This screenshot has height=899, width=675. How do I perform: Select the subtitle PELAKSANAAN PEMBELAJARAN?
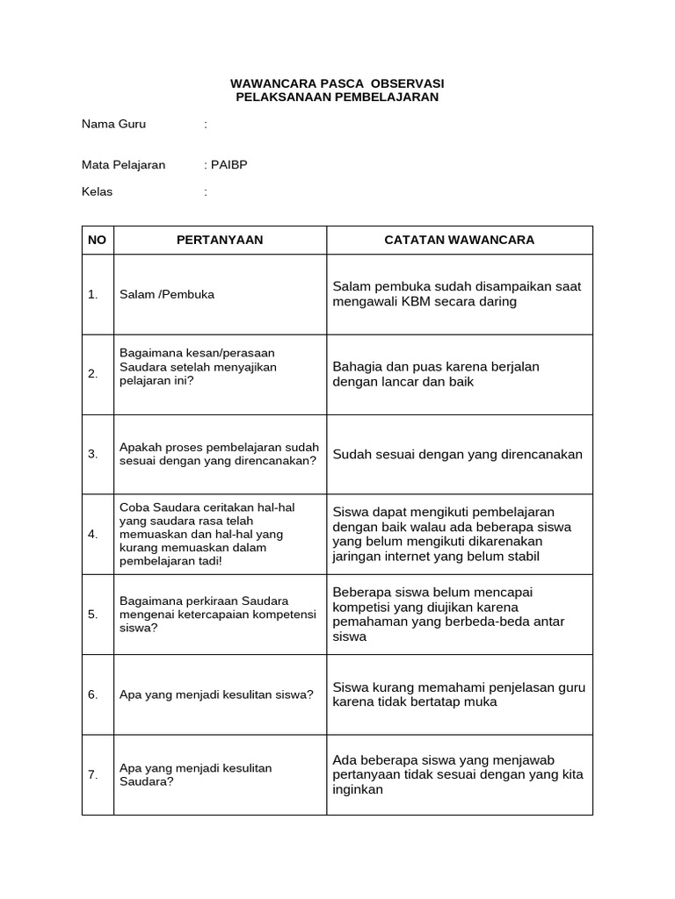coord(337,97)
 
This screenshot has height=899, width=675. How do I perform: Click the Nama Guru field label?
coord(113,125)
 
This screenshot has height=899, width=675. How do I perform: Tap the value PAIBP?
coord(229,165)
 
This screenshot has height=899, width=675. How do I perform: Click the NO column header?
coord(97,241)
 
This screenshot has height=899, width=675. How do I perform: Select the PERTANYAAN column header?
coord(220,241)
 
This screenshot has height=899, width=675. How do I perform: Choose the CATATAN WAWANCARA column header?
coord(459,241)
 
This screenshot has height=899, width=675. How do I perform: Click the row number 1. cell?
coord(93,295)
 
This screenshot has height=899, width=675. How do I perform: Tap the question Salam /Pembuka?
coord(167,295)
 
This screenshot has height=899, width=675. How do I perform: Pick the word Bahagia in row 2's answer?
coord(356,367)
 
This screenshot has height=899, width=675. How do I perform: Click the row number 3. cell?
coord(93,455)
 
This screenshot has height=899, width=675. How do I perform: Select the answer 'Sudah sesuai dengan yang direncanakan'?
coord(457,455)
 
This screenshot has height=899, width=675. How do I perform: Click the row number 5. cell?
coord(93,615)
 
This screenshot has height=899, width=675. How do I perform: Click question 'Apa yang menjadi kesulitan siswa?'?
coord(216,695)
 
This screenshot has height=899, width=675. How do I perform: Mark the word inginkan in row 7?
coord(358,790)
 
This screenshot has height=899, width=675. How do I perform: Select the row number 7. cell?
coord(93,775)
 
